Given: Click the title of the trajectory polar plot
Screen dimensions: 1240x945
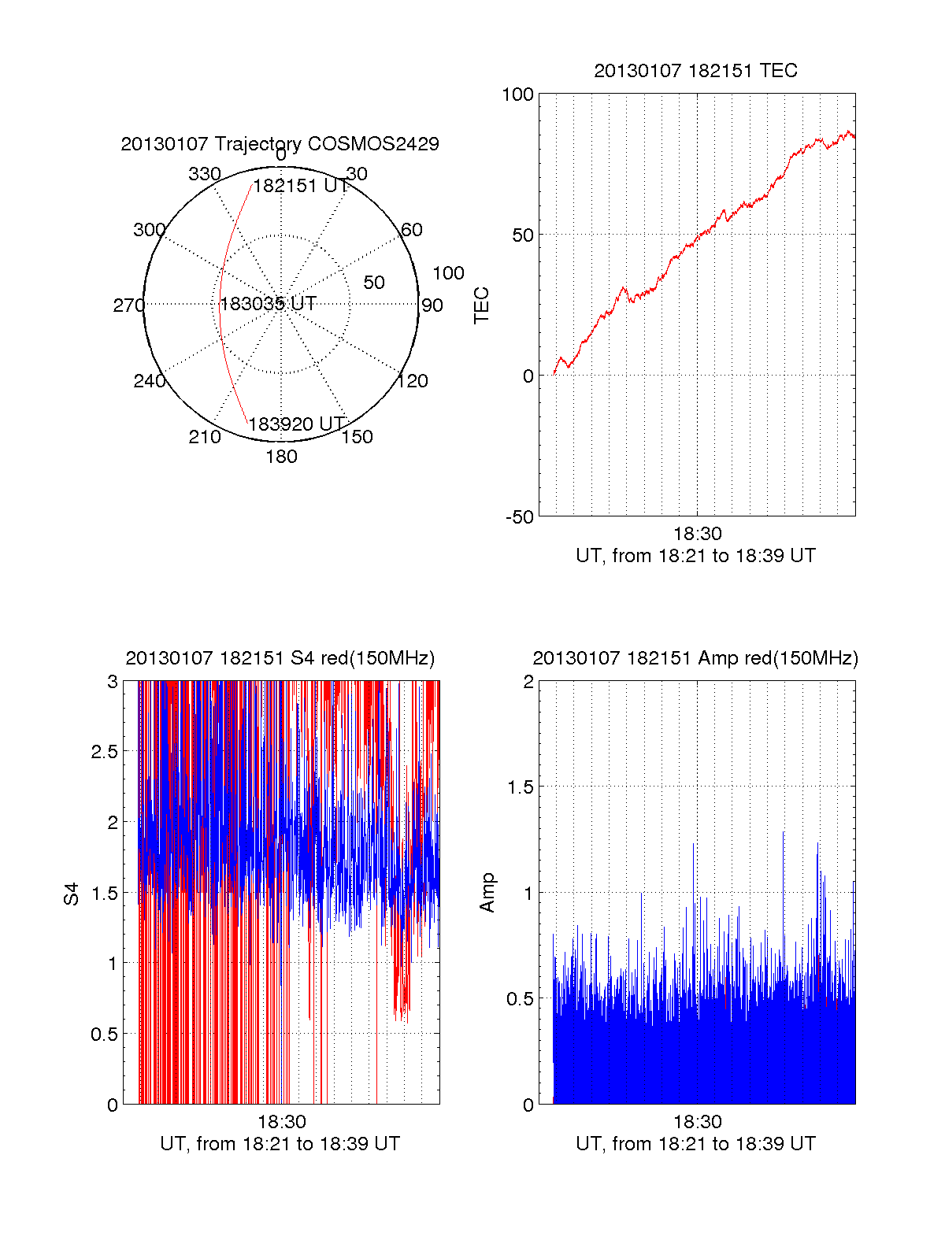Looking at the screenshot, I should coord(280,144).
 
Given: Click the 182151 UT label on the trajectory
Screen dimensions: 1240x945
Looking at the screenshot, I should coord(301,187).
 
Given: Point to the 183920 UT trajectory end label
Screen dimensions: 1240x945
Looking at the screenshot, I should coord(297,424).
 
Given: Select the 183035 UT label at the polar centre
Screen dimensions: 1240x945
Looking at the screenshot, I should coord(268,304).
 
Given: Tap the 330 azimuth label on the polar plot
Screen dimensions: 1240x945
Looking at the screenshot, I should coord(204,174).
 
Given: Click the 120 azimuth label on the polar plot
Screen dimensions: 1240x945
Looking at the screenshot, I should coord(413,382).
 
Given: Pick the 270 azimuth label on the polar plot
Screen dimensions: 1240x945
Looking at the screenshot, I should coord(128,305).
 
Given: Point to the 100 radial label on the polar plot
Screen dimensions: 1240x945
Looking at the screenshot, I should coord(448,273).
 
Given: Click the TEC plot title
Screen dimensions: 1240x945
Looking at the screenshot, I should coord(695,71).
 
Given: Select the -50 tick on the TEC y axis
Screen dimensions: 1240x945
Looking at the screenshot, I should coord(520,517).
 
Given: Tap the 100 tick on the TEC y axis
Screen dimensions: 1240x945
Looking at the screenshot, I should coord(518,95).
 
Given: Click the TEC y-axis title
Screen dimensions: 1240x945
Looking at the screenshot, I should coord(482,305).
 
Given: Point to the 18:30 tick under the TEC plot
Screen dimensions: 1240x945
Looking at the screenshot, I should coord(697,534).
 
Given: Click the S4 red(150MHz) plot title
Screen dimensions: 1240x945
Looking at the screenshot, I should coord(280,658).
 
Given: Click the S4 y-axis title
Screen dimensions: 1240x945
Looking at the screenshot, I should coord(72,894).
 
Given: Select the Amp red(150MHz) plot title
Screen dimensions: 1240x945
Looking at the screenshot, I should coord(695,658).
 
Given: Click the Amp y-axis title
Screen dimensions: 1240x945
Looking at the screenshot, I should coord(487,893).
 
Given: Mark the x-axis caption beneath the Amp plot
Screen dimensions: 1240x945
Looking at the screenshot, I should coord(695,1144).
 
